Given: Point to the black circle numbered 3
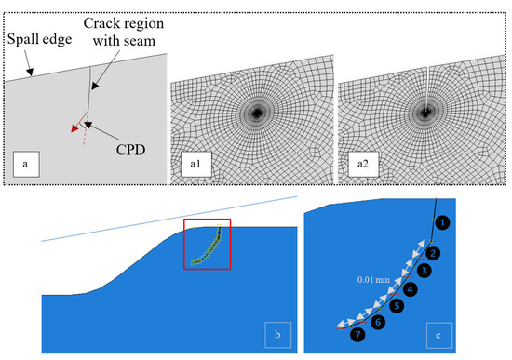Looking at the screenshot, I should coord(424,271).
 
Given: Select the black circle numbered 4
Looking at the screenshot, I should coord(411,289).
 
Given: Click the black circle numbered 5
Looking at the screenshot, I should coord(397,305).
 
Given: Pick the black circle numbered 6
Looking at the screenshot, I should coord(377,322).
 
